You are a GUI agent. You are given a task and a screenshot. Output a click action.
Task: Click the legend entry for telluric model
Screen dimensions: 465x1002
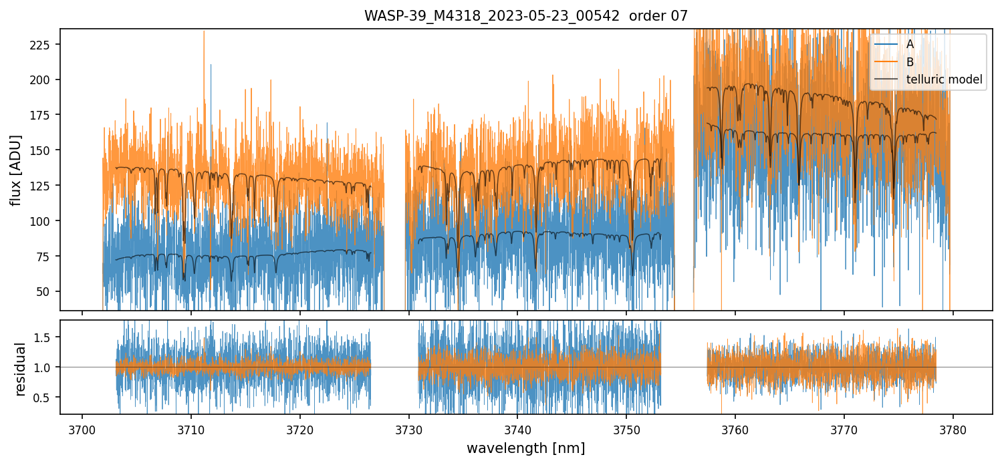[x=944, y=80]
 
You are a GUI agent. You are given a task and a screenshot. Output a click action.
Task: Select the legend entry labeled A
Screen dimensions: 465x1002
[x=910, y=45]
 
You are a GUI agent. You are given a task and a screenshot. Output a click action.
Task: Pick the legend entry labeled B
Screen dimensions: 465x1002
[x=910, y=62]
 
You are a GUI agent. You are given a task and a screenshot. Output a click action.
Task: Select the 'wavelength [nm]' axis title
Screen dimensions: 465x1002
[x=525, y=448]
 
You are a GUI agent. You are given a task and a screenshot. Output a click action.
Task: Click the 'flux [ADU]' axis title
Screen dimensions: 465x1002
[x=17, y=170]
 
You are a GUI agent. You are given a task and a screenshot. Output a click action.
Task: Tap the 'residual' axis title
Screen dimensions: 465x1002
[x=21, y=369]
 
